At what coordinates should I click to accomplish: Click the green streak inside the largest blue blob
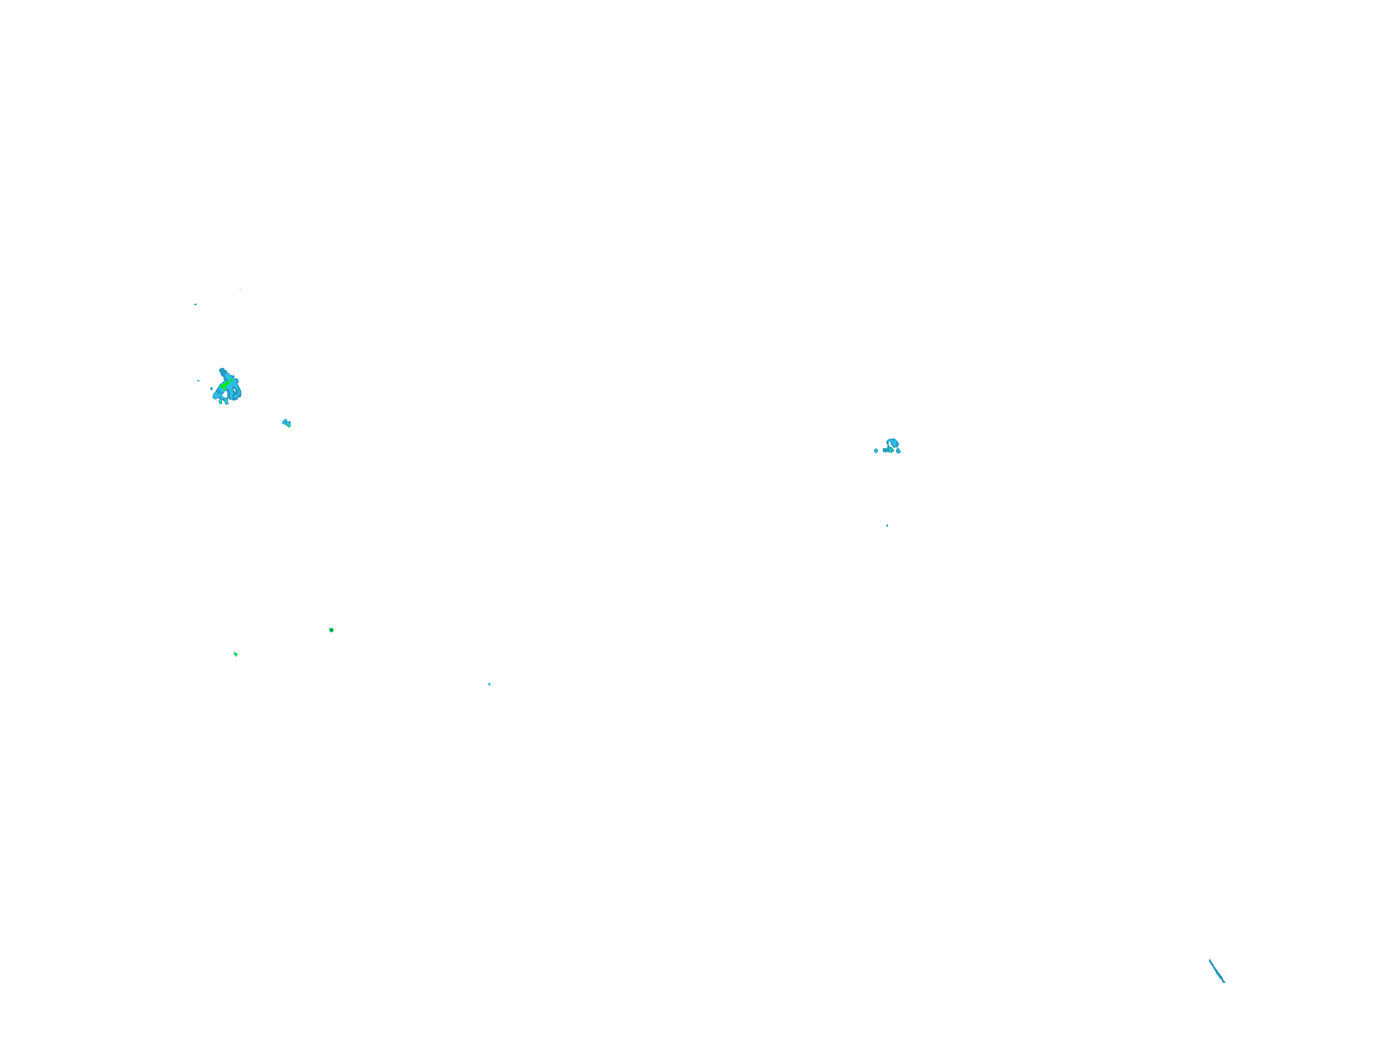pos(226,384)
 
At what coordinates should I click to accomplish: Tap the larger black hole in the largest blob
pos(225,395)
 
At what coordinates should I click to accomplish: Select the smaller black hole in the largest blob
pos(235,390)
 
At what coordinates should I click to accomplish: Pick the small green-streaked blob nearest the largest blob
pos(287,423)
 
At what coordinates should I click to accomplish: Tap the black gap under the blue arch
pos(889,443)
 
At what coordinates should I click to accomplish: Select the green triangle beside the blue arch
pos(890,450)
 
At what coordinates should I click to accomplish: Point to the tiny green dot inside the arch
pos(894,446)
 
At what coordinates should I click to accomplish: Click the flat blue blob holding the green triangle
pos(885,450)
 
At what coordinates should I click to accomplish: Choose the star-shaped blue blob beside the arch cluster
pos(876,450)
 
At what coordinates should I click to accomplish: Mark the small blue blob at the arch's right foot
pos(898,451)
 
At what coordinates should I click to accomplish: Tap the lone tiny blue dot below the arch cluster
pos(887,525)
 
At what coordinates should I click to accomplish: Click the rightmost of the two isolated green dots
pos(331,630)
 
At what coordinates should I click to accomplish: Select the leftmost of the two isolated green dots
pos(235,654)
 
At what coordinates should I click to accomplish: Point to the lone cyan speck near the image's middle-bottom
pos(490,684)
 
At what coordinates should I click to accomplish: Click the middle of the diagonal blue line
pos(1217,971)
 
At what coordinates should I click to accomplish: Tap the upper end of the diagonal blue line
pos(1210,960)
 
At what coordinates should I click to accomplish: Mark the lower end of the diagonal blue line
pos(1224,982)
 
